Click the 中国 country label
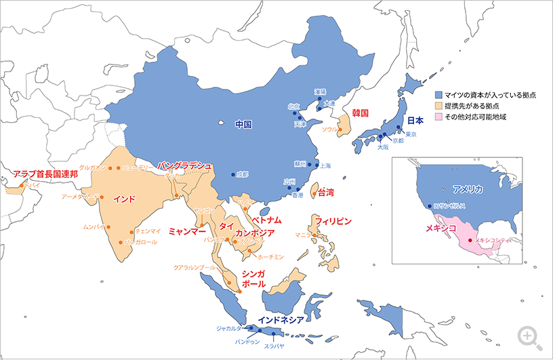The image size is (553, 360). tap(243, 125)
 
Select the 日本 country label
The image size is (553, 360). tap(414, 121)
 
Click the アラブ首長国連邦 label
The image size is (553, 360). tap(45, 174)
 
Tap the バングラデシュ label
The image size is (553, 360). tap(185, 165)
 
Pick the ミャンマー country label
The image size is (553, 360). tap(187, 231)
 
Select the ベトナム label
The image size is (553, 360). tap(266, 221)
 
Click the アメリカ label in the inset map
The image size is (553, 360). tap(468, 190)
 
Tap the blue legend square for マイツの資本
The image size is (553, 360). tap(439, 96)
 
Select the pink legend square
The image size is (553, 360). tap(439, 117)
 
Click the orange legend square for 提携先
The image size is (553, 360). tap(439, 106)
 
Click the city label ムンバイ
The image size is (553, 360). tap(94, 226)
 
